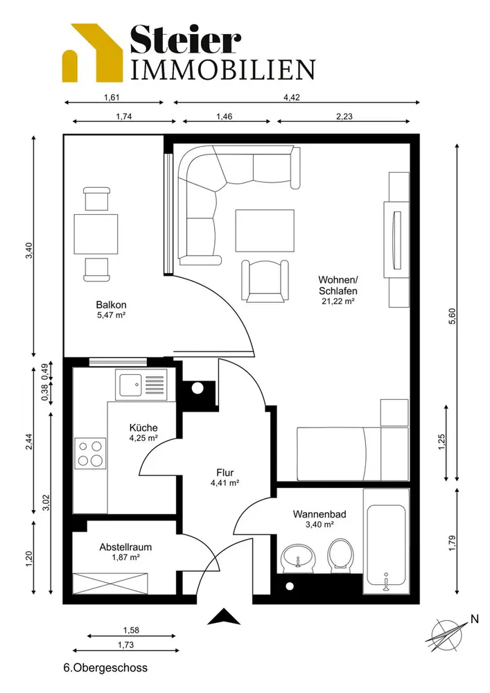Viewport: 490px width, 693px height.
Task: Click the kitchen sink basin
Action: coord(130,385)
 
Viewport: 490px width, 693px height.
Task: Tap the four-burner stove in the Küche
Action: coord(90,453)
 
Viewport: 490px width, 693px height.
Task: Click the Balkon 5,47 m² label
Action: coord(112,309)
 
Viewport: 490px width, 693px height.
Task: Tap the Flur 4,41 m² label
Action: coord(225,477)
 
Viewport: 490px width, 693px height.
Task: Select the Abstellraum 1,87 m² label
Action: coord(125,552)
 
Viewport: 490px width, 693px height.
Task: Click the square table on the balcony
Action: coord(96,234)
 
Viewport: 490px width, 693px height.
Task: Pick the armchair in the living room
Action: coord(265,281)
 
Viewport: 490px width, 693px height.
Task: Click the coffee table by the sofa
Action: coord(265,230)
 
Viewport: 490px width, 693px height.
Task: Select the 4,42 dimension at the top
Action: coord(292,97)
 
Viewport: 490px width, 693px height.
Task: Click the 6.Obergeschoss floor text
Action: coord(105,668)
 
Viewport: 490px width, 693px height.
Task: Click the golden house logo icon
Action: coord(92,53)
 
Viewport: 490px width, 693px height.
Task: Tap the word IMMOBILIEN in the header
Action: coord(223,69)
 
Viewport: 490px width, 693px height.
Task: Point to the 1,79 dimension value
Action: coord(452,543)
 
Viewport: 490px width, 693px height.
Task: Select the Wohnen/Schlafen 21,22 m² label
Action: coord(338,290)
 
